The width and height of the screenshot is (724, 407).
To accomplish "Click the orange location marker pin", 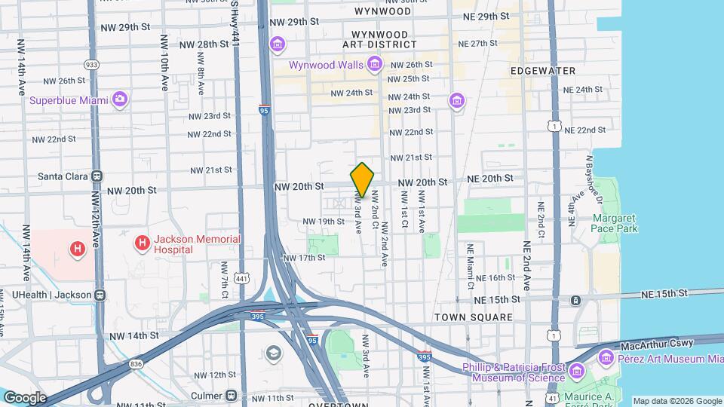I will (x=362, y=180).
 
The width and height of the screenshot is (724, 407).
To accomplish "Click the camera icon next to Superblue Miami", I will (x=119, y=99).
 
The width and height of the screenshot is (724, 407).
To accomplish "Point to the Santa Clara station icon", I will (x=97, y=176).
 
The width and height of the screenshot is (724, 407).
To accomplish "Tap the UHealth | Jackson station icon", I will (x=100, y=295).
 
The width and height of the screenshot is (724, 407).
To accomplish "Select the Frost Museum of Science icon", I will (x=577, y=371).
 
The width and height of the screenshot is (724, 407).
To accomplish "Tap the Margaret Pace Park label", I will (x=615, y=223).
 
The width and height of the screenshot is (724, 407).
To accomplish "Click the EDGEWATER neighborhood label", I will (x=542, y=71).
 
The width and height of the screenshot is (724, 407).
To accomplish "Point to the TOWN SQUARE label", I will (x=474, y=318).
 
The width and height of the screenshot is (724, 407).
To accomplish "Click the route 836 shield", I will (x=136, y=364).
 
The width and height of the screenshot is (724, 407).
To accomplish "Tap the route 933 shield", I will (x=91, y=65).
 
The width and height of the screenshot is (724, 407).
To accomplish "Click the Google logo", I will (x=25, y=397).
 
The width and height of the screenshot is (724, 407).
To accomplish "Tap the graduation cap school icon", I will (x=273, y=353).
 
